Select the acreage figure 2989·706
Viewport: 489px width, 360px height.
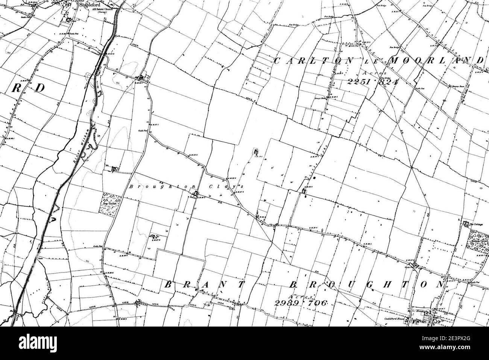pos(299,303)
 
